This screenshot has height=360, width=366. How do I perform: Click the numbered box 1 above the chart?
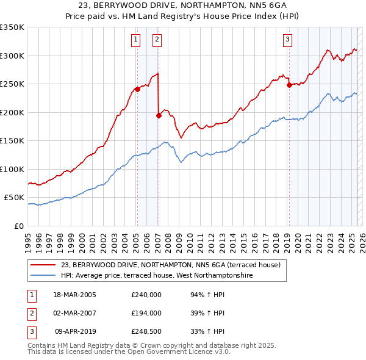coord(135,40)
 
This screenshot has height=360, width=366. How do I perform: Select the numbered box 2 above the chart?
coord(157,40)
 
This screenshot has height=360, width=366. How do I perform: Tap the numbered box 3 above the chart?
coord(287,40)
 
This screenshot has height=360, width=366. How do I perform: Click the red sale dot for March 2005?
coord(137,89)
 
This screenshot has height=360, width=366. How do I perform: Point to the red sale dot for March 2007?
coord(159,115)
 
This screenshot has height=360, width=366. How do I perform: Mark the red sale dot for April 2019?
coord(289,85)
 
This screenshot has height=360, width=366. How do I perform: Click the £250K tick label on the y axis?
coord(12,84)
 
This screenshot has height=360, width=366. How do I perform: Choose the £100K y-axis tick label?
coord(12,169)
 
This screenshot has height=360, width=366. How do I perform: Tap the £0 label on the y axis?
coord(18,226)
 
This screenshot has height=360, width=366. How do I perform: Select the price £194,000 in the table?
coord(146,313)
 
